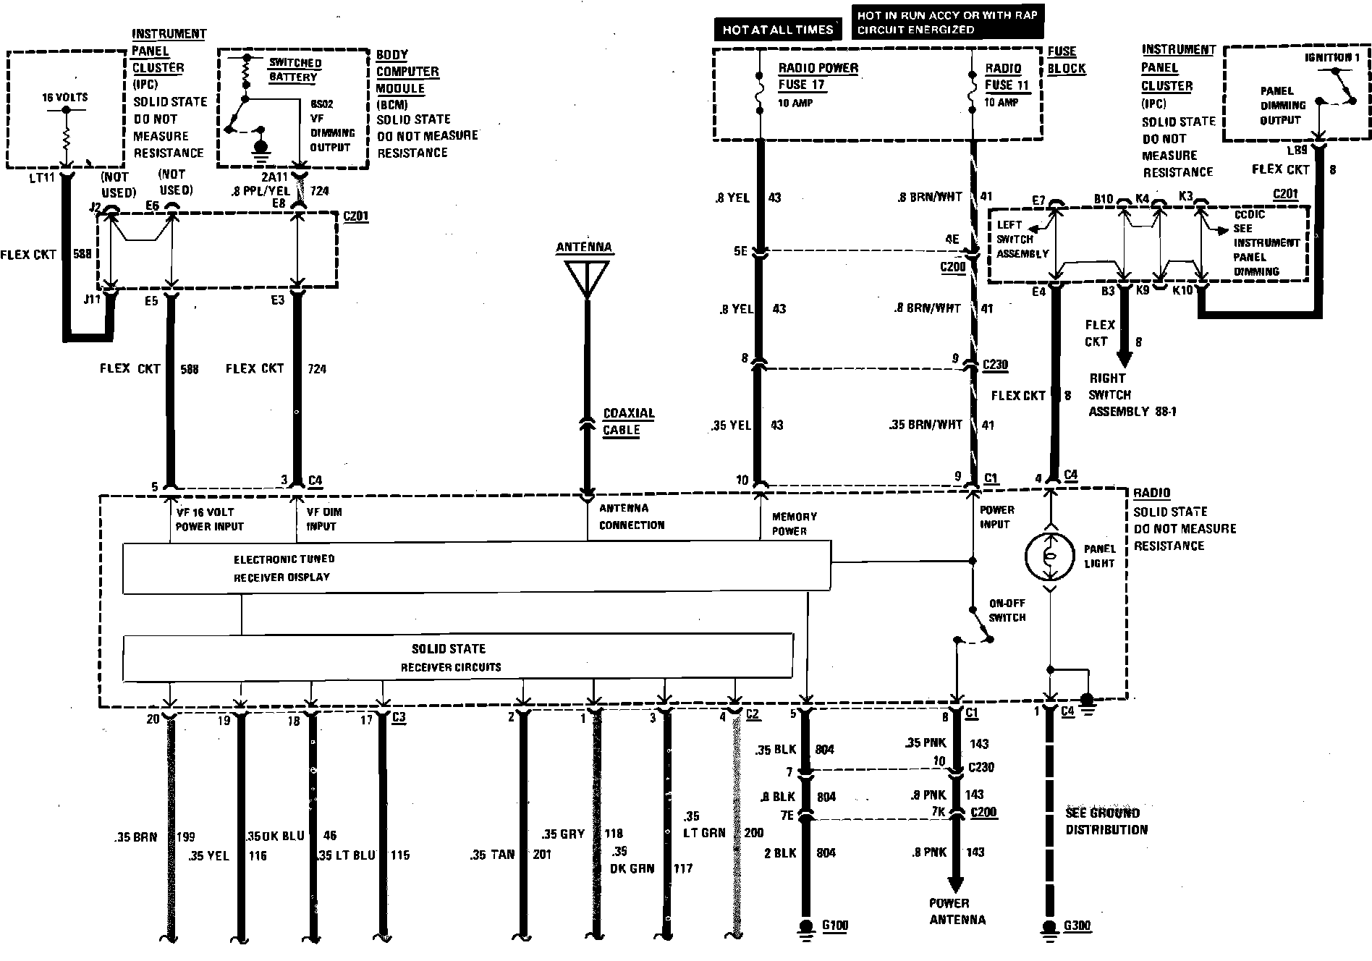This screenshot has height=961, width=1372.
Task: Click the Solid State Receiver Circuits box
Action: (458, 657)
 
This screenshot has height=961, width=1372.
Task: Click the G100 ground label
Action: (834, 926)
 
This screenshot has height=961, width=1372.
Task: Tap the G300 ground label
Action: (1077, 926)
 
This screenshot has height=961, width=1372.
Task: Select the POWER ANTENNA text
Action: (957, 912)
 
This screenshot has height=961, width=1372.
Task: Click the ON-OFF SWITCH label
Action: (1007, 610)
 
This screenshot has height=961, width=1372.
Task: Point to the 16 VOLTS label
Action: (65, 97)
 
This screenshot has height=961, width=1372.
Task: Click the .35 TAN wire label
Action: (492, 855)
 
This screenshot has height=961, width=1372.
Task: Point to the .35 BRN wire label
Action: (135, 837)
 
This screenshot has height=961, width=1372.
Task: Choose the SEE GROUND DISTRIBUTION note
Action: (1106, 821)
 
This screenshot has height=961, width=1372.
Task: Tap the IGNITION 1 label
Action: (1327, 57)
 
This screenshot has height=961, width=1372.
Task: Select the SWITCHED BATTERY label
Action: (295, 70)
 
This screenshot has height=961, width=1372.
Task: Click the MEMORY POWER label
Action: (794, 523)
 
